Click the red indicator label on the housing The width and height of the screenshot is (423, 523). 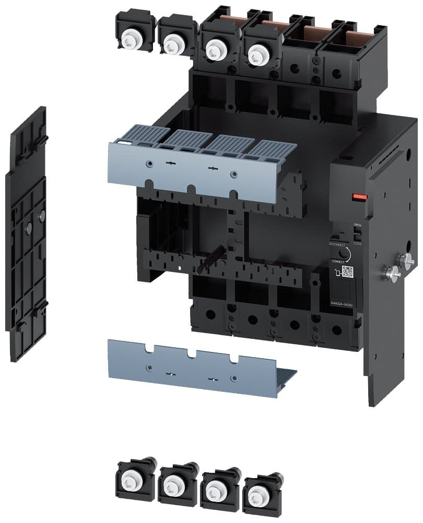(x=359, y=197)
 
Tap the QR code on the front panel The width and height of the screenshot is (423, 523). (x=347, y=271)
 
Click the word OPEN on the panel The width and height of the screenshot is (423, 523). (x=357, y=225)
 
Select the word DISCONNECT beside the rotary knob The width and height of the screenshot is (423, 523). (x=338, y=244)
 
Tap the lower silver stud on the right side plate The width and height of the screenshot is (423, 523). (x=390, y=271)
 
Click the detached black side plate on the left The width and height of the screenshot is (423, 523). (x=26, y=235)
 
